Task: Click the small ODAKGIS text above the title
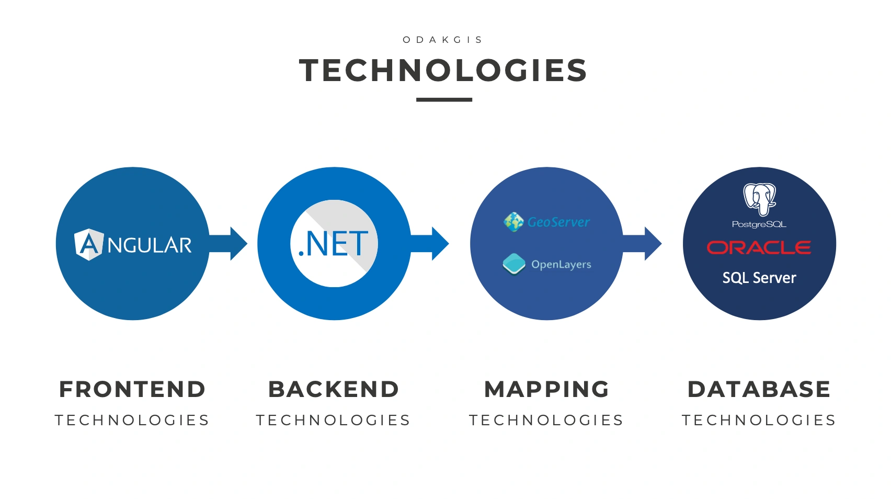point(443,40)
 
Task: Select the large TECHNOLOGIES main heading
point(443,71)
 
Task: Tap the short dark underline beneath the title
point(444,99)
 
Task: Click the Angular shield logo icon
point(89,244)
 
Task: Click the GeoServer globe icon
point(513,222)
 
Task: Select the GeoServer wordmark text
point(558,222)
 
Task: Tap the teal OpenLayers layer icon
point(514,264)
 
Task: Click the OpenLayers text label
point(561,265)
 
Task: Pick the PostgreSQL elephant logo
point(760,199)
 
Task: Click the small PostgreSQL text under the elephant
point(759,224)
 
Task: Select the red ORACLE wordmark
point(759,247)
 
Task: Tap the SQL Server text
point(759,278)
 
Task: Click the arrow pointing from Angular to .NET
point(229,244)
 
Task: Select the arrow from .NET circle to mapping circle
point(430,244)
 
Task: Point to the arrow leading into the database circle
point(643,244)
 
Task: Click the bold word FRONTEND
point(132,389)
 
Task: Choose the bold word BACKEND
point(334,389)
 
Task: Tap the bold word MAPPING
point(546,389)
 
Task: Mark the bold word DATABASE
point(759,389)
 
